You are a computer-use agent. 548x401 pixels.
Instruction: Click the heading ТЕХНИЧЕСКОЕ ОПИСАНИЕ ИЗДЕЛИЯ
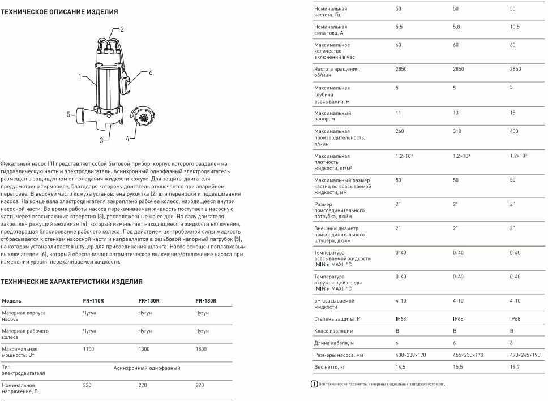(59, 11)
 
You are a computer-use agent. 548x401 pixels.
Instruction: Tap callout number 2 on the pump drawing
(122, 29)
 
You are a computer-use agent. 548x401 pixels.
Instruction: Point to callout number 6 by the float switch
(151, 72)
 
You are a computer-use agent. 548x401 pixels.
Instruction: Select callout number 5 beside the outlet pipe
(68, 114)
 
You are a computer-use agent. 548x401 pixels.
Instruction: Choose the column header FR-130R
(148, 301)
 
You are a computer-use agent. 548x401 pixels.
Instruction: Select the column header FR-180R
(206, 301)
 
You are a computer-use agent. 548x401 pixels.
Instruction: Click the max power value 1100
(89, 349)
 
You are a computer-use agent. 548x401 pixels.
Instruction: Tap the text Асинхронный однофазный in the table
(147, 368)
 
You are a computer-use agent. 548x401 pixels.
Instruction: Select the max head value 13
(456, 113)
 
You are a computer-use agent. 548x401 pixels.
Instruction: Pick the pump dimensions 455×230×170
(468, 355)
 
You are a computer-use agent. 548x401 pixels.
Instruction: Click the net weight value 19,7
(515, 368)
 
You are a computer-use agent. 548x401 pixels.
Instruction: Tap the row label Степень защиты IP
(337, 319)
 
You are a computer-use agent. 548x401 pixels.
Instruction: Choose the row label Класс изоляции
(333, 331)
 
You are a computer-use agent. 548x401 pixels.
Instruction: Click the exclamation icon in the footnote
(314, 385)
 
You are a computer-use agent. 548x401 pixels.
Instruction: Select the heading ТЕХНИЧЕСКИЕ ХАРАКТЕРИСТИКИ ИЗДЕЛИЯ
(71, 282)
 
